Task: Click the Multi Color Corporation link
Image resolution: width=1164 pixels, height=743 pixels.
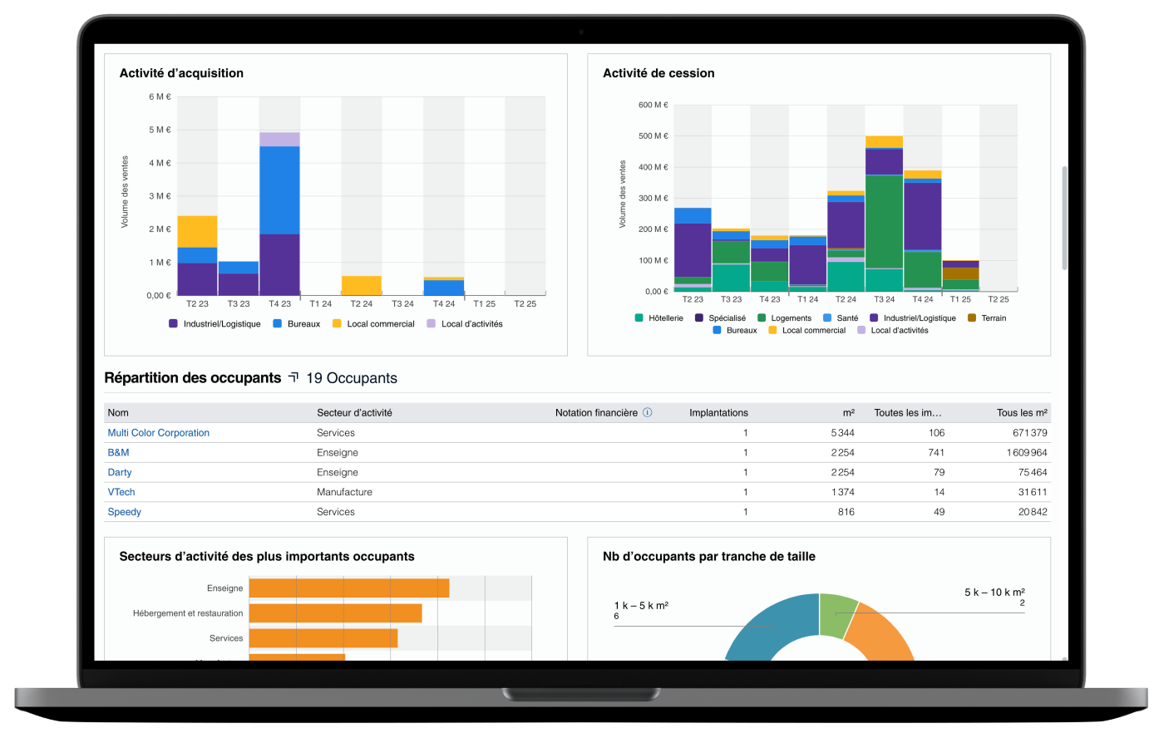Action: tap(158, 433)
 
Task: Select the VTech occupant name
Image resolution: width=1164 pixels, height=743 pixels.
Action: tap(121, 492)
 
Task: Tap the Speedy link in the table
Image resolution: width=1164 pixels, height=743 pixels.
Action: tap(125, 512)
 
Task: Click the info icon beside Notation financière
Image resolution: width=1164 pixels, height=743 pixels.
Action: tap(648, 412)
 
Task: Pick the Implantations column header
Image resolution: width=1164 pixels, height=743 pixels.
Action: tap(718, 413)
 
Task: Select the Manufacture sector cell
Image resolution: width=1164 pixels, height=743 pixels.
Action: tap(344, 492)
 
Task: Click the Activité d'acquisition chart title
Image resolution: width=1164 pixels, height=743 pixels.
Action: tap(181, 73)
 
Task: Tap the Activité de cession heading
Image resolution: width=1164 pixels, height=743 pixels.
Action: tap(658, 73)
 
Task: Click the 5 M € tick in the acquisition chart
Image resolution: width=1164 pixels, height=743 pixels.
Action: tap(159, 130)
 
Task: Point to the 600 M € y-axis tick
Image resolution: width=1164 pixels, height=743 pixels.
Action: tap(654, 105)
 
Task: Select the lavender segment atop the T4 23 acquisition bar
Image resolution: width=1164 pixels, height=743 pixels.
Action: tap(279, 139)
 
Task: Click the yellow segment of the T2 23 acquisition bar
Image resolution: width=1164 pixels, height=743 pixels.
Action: tap(197, 231)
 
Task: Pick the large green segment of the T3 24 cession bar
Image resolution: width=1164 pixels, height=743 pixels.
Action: tap(884, 221)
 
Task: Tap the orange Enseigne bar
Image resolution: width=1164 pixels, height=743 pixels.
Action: tap(349, 588)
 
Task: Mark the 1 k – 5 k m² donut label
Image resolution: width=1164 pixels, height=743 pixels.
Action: tap(641, 606)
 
